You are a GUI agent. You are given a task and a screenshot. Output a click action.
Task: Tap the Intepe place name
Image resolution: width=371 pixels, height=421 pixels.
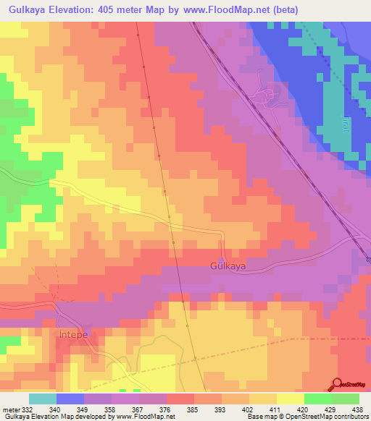click(72, 336)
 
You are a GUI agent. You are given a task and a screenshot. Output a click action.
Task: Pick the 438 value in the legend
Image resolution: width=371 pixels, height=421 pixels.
click(356, 409)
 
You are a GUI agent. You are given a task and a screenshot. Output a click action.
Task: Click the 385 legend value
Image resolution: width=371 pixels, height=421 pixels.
click(192, 409)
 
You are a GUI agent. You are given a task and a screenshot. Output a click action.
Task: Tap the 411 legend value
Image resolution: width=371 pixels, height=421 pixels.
click(275, 409)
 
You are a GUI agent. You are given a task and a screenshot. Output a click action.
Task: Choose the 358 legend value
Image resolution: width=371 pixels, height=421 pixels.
click(110, 409)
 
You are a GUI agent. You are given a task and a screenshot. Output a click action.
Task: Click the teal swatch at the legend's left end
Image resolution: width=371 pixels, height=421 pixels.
click(43, 399)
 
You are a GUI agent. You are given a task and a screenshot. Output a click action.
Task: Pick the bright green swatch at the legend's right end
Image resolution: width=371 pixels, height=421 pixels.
click(345, 399)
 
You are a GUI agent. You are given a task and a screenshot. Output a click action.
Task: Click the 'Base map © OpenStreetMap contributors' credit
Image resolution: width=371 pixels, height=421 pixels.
click(307, 417)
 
